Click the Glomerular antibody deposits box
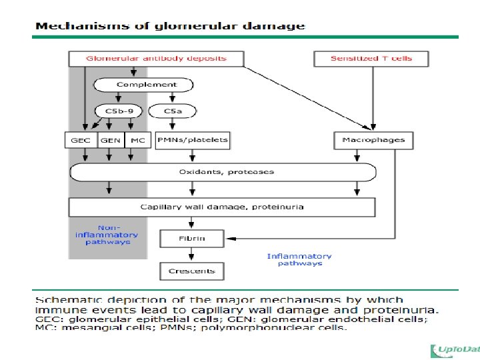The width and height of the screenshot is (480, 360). click(x=156, y=59)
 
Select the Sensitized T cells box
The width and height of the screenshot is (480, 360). click(x=371, y=59)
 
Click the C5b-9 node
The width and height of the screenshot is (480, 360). click(x=118, y=111)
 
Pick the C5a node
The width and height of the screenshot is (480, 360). click(x=171, y=111)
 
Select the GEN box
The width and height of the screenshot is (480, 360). click(x=111, y=141)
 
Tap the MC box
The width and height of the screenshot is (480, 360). click(x=137, y=141)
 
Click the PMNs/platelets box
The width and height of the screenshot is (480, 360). click(x=193, y=140)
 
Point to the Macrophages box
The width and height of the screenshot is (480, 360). click(x=373, y=140)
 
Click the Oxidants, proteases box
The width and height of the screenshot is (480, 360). click(x=223, y=172)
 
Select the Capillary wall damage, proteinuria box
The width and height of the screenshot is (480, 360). click(x=223, y=207)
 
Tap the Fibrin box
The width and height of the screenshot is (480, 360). click(x=192, y=238)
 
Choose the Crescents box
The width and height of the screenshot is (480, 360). click(x=192, y=271)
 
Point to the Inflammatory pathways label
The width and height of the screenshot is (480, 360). click(x=299, y=259)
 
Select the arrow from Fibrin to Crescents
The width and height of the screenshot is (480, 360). click(x=192, y=255)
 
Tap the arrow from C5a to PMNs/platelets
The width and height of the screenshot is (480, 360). click(x=172, y=125)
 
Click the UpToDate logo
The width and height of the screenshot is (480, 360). click(x=455, y=351)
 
